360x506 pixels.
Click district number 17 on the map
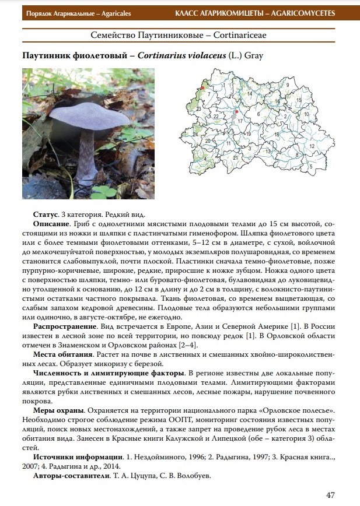[x=240, y=120]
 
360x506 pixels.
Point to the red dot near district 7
[x=202, y=87]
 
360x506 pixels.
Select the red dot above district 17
[x=236, y=111]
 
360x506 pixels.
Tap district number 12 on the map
[x=312, y=146]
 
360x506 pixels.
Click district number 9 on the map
[x=288, y=85]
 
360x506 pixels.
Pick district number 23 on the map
[x=198, y=109]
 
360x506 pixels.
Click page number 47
[x=330, y=495]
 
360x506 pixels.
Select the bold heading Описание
[x=52, y=223]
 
